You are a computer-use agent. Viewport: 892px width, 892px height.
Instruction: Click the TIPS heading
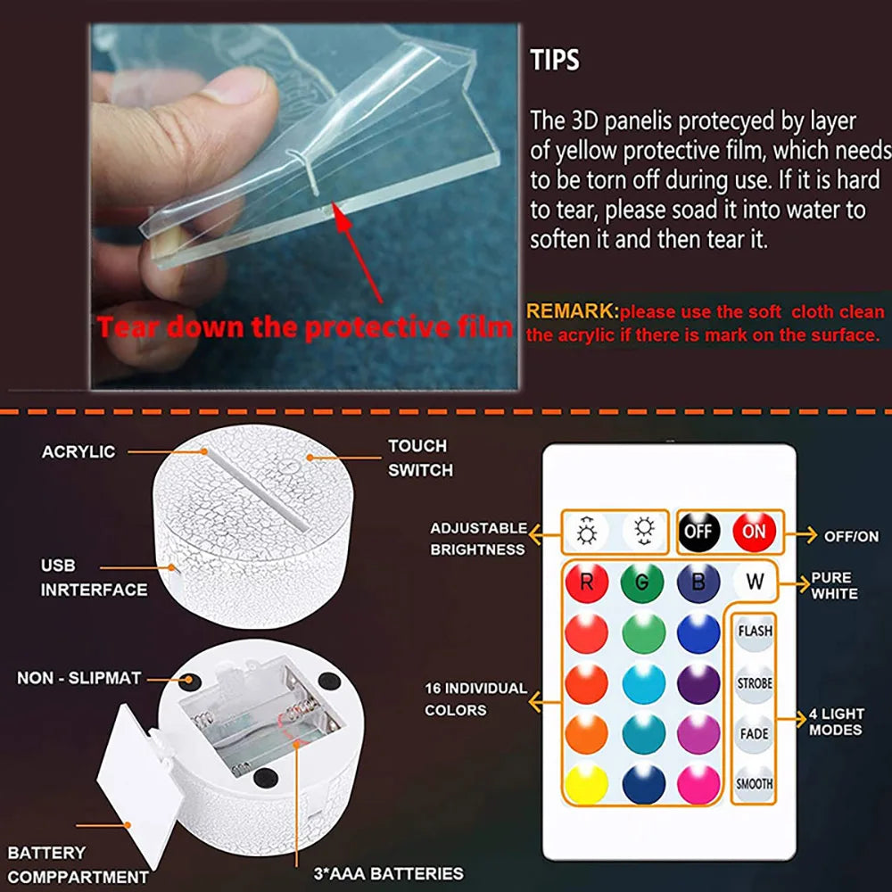click(x=555, y=61)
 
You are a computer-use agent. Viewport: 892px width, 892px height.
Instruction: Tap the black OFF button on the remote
click(x=698, y=532)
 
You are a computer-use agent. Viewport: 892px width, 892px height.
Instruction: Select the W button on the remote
click(x=755, y=582)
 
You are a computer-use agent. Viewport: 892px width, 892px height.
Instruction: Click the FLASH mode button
click(x=755, y=632)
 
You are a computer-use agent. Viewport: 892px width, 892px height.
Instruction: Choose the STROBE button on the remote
click(x=755, y=684)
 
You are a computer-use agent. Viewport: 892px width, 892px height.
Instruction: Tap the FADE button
click(x=755, y=734)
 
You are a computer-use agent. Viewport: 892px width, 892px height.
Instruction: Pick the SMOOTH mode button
click(x=755, y=784)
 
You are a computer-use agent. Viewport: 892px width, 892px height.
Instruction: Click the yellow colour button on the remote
click(x=587, y=784)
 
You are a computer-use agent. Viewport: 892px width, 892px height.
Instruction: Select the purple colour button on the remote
click(x=698, y=684)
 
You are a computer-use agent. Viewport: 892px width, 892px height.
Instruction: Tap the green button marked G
click(x=643, y=582)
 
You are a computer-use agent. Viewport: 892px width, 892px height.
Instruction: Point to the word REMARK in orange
click(x=572, y=311)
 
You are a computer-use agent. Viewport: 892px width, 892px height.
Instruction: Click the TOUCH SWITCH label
click(x=419, y=458)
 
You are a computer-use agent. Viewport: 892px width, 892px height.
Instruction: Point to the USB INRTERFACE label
click(x=94, y=577)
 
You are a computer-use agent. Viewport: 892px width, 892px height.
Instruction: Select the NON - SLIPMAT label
click(x=78, y=678)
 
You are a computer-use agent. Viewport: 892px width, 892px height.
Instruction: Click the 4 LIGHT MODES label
click(x=836, y=722)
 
